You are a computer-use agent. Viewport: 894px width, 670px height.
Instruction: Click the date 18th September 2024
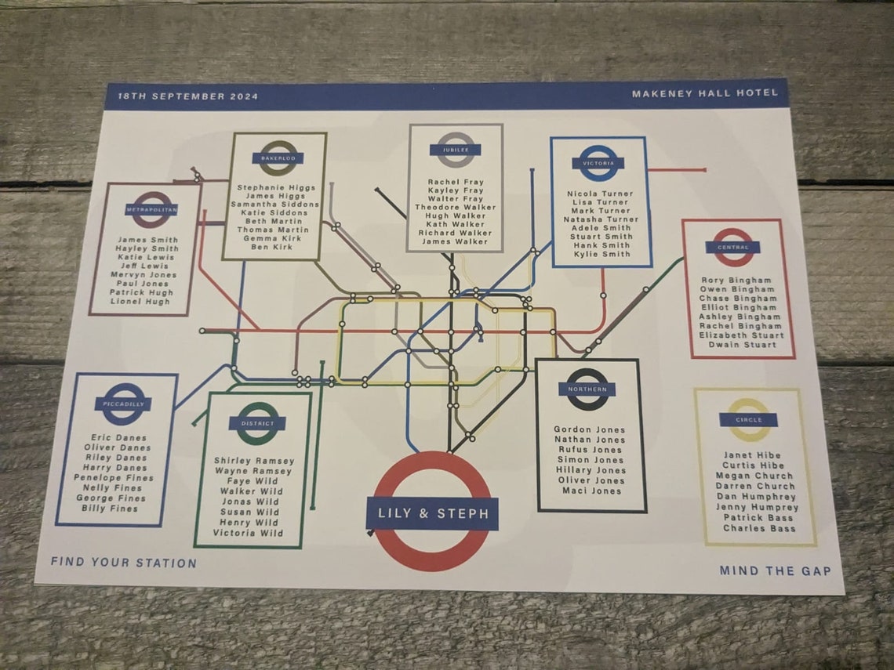187,96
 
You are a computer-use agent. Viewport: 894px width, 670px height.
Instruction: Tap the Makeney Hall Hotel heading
704,93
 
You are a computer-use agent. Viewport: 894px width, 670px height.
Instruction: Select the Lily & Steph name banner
432,514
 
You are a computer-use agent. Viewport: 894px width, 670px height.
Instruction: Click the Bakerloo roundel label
277,158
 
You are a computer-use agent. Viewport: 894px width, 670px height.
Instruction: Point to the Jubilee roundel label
455,150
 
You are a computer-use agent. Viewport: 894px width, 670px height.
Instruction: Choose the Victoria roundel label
598,164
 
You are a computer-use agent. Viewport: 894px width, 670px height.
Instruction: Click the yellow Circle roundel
748,420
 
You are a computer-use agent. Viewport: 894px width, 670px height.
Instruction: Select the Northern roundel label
587,389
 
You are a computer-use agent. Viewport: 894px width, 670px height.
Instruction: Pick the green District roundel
256,424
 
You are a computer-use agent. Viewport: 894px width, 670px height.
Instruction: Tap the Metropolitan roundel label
151,210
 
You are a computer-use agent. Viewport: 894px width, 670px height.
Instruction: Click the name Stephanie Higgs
275,188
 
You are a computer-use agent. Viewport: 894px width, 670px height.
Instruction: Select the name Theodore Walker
455,208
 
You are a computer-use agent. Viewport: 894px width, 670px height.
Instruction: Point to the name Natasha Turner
601,220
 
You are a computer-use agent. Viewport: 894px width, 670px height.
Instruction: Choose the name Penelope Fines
114,478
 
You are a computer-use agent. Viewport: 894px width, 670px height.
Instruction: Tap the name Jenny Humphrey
757,507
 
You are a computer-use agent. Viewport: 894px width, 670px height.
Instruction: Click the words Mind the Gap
775,571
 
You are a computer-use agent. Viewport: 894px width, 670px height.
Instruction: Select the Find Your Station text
124,563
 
